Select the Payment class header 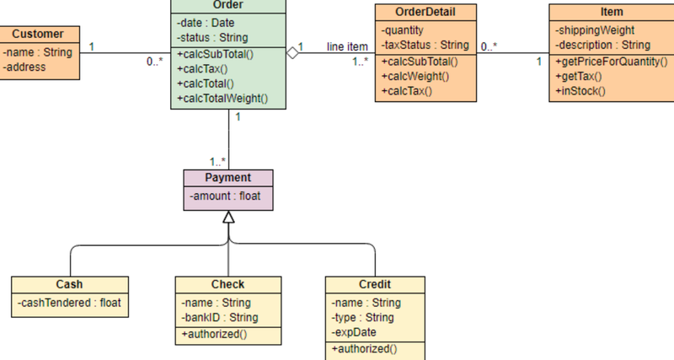tap(228, 178)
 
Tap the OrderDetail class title tap(425, 13)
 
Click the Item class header tap(611, 13)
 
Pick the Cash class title tap(69, 284)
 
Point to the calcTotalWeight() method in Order tap(222, 99)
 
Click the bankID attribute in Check tap(219, 317)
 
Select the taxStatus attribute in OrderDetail tap(425, 44)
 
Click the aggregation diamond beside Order tap(292, 53)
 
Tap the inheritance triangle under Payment tap(228, 218)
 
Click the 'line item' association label tap(347, 46)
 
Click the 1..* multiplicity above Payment tap(218, 160)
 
